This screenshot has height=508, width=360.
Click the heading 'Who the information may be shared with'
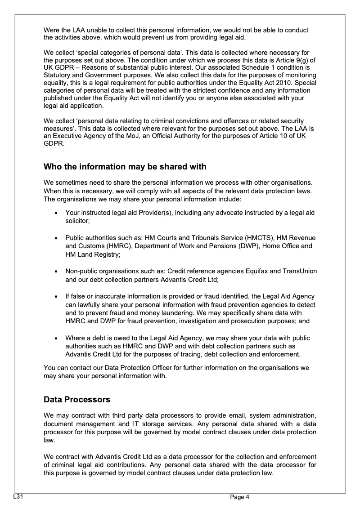(x=125, y=167)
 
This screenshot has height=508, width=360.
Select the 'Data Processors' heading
(x=77, y=399)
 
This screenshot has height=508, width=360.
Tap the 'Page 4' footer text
(x=239, y=497)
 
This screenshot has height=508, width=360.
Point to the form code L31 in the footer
(x=18, y=496)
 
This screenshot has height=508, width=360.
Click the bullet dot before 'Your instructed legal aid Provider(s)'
(x=55, y=213)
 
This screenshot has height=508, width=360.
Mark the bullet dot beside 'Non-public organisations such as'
(x=55, y=272)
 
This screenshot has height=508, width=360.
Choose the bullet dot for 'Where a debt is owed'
(x=55, y=339)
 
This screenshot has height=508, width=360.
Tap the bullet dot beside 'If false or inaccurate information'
(x=55, y=297)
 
